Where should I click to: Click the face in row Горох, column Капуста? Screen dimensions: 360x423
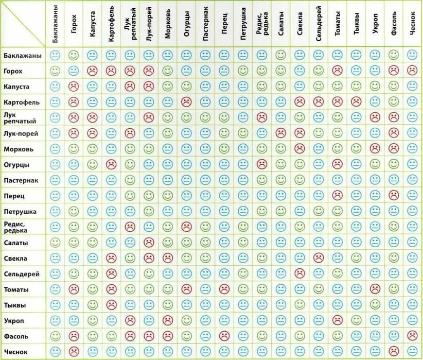92,70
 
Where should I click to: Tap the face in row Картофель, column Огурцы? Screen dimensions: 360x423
186,101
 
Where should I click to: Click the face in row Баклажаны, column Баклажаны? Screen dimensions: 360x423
55,55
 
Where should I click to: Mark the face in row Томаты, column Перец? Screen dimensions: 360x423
224,289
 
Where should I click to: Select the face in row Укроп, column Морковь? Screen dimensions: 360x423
167,320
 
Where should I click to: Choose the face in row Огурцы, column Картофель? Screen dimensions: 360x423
111,164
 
